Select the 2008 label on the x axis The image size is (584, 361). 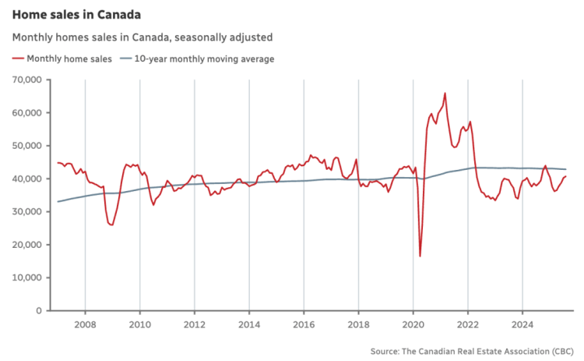coord(85,324)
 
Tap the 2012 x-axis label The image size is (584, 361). coord(195,324)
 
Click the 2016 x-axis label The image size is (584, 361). coord(304,324)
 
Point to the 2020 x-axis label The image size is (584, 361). coord(413,324)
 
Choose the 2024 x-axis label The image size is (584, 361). coord(522,324)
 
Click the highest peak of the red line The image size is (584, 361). coord(445,94)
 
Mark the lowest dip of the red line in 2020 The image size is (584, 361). coord(420,256)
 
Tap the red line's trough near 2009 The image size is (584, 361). coord(112,225)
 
